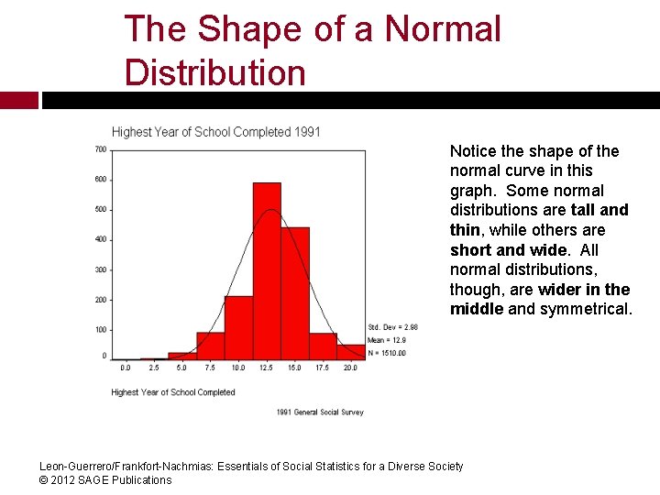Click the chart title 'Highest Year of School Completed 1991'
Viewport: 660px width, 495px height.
pyautogui.click(x=216, y=132)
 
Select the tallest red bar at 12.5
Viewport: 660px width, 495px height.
pyautogui.click(x=267, y=270)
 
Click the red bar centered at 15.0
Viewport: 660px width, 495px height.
pyautogui.click(x=295, y=293)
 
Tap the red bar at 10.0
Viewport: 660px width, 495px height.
pyautogui.click(x=238, y=327)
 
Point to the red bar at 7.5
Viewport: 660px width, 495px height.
pyautogui.click(x=210, y=346)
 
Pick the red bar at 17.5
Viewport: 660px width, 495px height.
pyautogui.click(x=323, y=346)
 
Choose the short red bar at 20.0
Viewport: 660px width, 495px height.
pyautogui.click(x=350, y=351)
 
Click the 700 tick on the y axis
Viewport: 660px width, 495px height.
pyautogui.click(x=100, y=149)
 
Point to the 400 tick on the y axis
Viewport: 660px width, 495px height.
pyautogui.click(x=100, y=239)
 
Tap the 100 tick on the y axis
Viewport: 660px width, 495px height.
pyautogui.click(x=100, y=330)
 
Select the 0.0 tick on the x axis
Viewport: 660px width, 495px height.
pyautogui.click(x=126, y=368)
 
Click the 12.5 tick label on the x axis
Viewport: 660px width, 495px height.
pyautogui.click(x=266, y=368)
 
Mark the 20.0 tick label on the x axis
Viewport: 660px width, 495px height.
pyautogui.click(x=350, y=368)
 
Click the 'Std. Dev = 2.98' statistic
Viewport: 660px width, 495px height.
pyautogui.click(x=392, y=327)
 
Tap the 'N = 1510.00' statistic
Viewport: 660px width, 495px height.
pyautogui.click(x=387, y=353)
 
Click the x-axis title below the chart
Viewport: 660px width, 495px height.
pyautogui.click(x=173, y=392)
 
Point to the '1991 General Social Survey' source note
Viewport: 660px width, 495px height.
pyautogui.click(x=320, y=412)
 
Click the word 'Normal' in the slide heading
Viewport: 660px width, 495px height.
pyautogui.click(x=443, y=29)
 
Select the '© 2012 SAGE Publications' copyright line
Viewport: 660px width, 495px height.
pyautogui.click(x=105, y=480)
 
